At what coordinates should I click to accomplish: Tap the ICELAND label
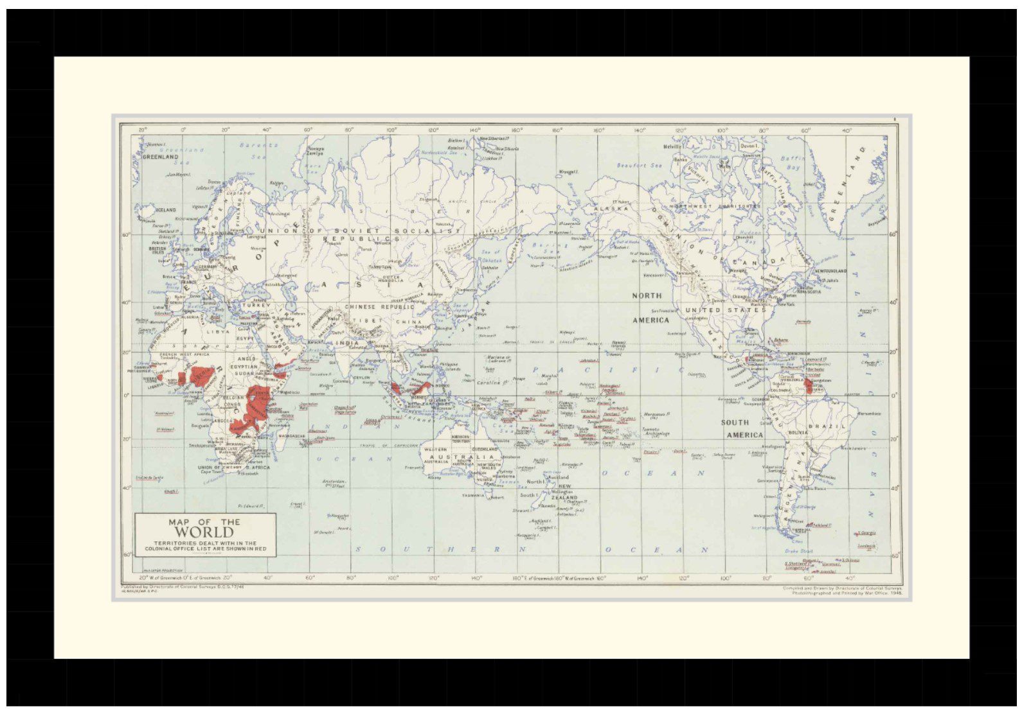click(x=166, y=210)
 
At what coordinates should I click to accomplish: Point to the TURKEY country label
click(x=256, y=306)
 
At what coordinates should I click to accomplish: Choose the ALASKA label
click(x=605, y=209)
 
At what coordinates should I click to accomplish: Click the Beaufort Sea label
click(x=639, y=166)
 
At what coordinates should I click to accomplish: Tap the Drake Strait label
click(x=798, y=551)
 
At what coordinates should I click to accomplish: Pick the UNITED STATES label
click(x=725, y=310)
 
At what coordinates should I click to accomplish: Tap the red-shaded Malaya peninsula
click(x=393, y=389)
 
